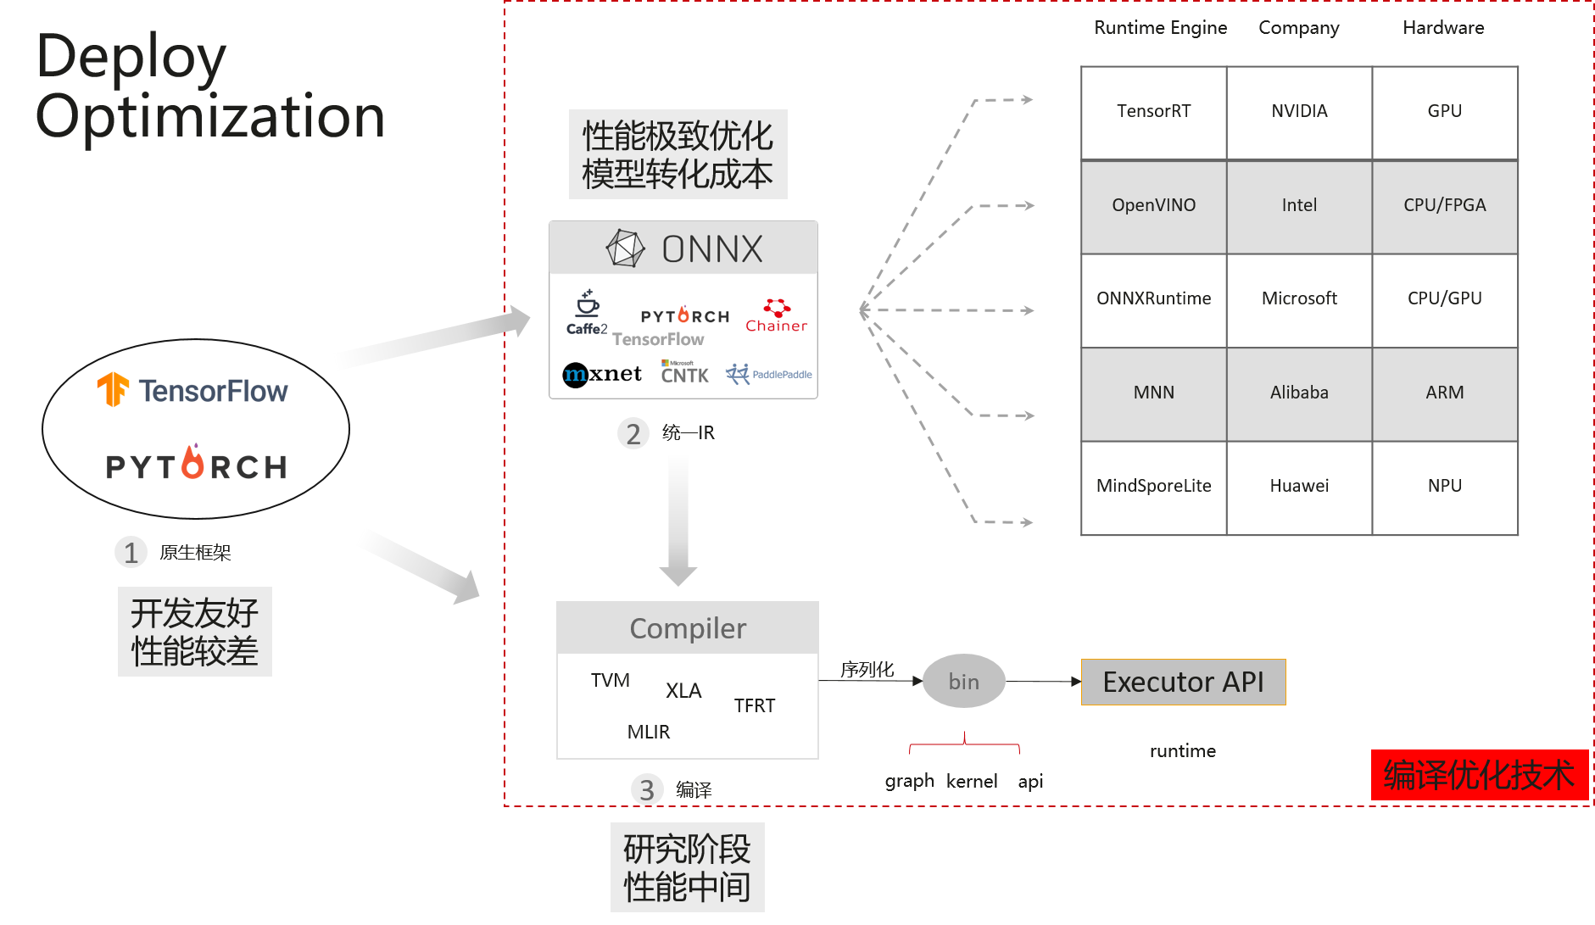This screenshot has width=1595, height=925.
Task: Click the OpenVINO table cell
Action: pos(1153,205)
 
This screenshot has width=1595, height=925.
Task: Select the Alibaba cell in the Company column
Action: pos(1298,393)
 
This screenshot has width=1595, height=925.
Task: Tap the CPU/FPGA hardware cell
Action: pos(1444,205)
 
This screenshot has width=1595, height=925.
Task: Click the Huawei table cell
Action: pos(1298,486)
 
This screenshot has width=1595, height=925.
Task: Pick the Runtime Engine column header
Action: pos(1160,28)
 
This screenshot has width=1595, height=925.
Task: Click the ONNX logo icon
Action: pos(626,248)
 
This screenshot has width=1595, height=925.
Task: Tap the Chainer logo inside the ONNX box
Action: pos(776,315)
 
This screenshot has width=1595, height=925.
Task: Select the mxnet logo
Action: pos(602,374)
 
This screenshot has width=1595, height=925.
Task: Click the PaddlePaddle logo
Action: pos(768,374)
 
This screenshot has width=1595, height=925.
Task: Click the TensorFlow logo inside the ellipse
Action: pos(193,391)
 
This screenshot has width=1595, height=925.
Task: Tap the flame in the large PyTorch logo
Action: pos(193,462)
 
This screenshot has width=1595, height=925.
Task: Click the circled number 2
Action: pos(633,433)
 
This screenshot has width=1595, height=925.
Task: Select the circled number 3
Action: pos(646,789)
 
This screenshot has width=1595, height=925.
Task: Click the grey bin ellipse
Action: pos(963,681)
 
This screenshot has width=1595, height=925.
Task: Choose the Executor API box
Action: pos(1183,682)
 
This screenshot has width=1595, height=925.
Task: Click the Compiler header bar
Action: pos(687,628)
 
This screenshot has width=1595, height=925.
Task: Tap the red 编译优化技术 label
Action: pos(1479,775)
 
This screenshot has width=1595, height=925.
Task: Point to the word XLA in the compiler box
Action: pos(683,690)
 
